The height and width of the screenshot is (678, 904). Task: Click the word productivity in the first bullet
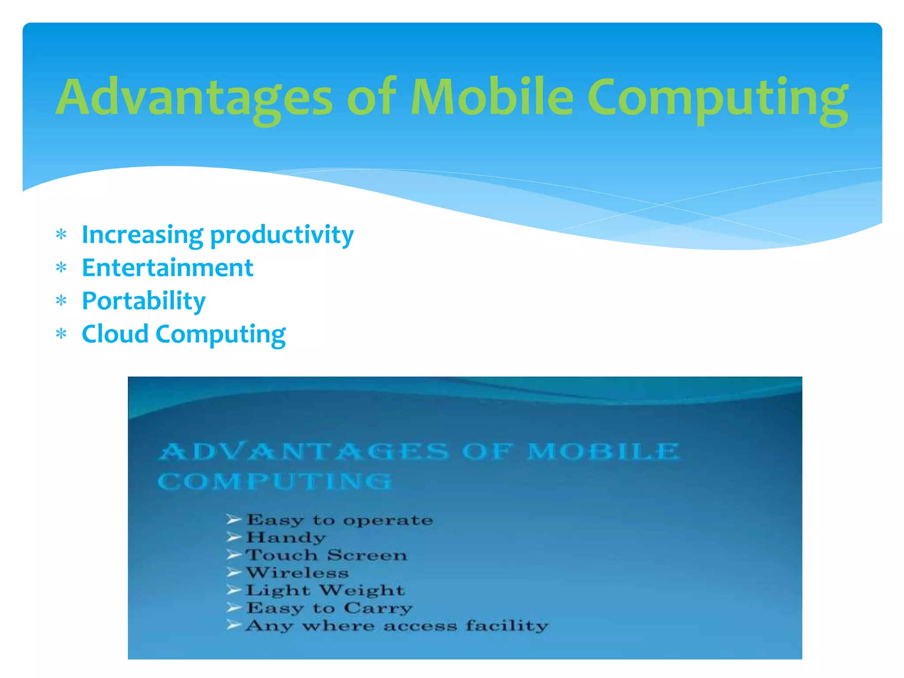point(282,235)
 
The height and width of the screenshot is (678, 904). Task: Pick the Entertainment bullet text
point(167,268)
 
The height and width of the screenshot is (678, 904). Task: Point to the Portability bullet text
point(143,301)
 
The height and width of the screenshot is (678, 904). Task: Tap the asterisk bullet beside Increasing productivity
point(61,235)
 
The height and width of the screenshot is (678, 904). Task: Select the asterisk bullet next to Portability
point(61,301)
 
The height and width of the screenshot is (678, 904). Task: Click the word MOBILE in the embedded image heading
point(603,452)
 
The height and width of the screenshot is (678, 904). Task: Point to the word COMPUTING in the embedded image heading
point(275,481)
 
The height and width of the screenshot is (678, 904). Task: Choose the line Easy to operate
point(339,520)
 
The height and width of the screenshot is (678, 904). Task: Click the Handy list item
point(286,538)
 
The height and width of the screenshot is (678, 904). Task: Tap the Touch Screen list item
point(326,555)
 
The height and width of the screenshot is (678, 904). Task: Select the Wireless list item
point(297,573)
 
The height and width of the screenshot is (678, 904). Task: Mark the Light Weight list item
point(325,591)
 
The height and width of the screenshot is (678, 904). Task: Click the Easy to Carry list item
point(329,608)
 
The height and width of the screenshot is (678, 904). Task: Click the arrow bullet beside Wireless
point(234,573)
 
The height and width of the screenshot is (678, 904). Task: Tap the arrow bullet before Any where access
point(234,625)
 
